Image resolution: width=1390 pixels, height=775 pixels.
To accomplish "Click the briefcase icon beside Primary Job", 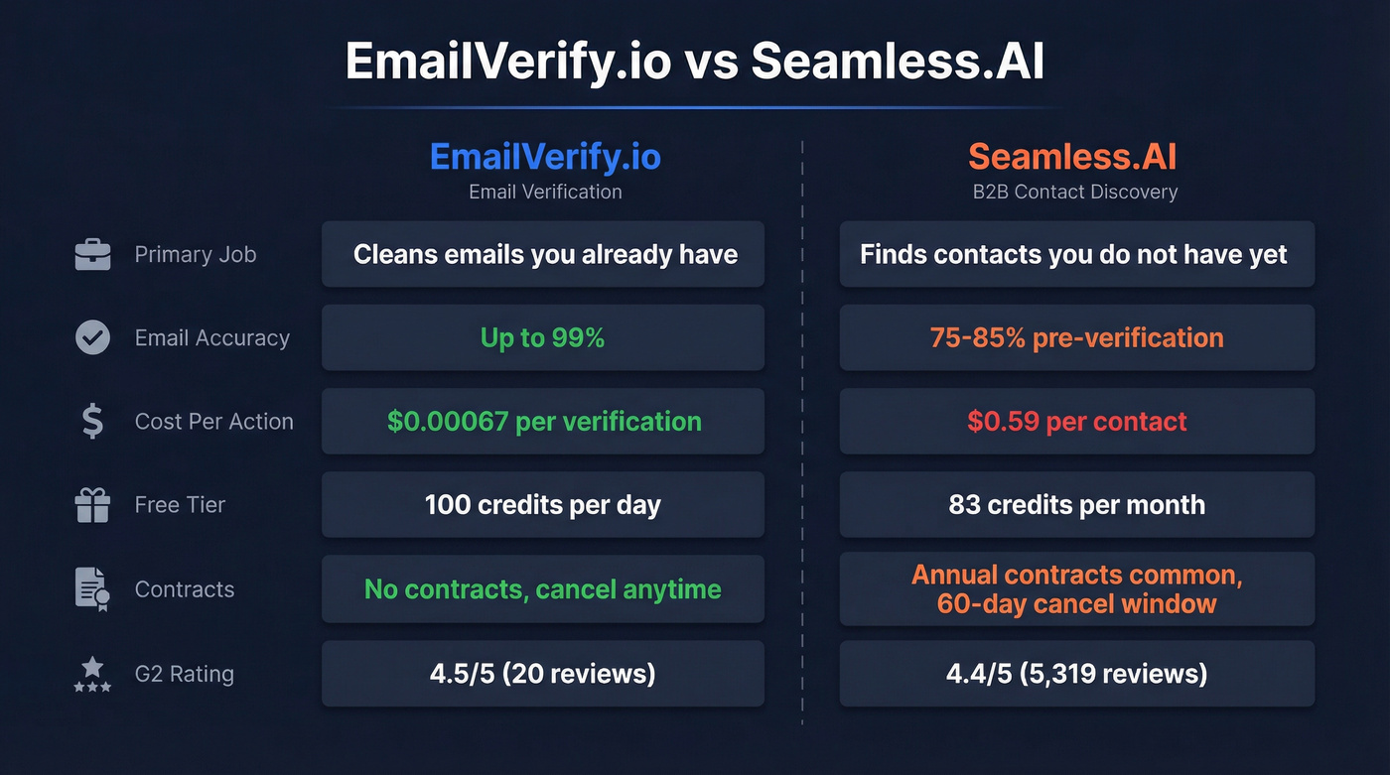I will pos(92,255).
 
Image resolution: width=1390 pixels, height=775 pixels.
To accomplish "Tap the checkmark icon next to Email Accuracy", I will pos(92,338).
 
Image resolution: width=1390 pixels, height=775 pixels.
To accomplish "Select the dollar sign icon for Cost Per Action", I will pos(92,422).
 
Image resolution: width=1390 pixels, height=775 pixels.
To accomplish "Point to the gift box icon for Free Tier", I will pos(92,505).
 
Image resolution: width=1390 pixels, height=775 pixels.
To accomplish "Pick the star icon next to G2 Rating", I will pos(92,674).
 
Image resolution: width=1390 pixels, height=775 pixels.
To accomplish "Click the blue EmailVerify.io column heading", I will pos(545,157).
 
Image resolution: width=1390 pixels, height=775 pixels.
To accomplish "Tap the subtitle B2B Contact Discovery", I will pos(1075,193).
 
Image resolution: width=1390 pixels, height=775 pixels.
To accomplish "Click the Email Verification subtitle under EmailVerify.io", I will pos(545,193).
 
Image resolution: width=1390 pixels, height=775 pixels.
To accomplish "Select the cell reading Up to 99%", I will pos(542,338).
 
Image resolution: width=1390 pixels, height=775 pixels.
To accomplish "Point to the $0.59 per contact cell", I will pos(1076,422).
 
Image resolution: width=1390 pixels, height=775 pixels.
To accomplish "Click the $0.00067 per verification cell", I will pos(543,422).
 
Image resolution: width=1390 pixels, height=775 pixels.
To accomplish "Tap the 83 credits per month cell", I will pos(1076,505).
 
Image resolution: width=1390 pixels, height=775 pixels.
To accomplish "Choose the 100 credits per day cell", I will pos(542,505).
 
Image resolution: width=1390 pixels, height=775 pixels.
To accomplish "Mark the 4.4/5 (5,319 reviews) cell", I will pos(1076,675).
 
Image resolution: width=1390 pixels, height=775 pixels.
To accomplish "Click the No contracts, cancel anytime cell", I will pos(542,589).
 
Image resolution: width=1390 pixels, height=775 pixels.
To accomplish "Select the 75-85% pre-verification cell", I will pos(1076,338).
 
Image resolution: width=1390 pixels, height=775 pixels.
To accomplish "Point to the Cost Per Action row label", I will pos(213,422).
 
